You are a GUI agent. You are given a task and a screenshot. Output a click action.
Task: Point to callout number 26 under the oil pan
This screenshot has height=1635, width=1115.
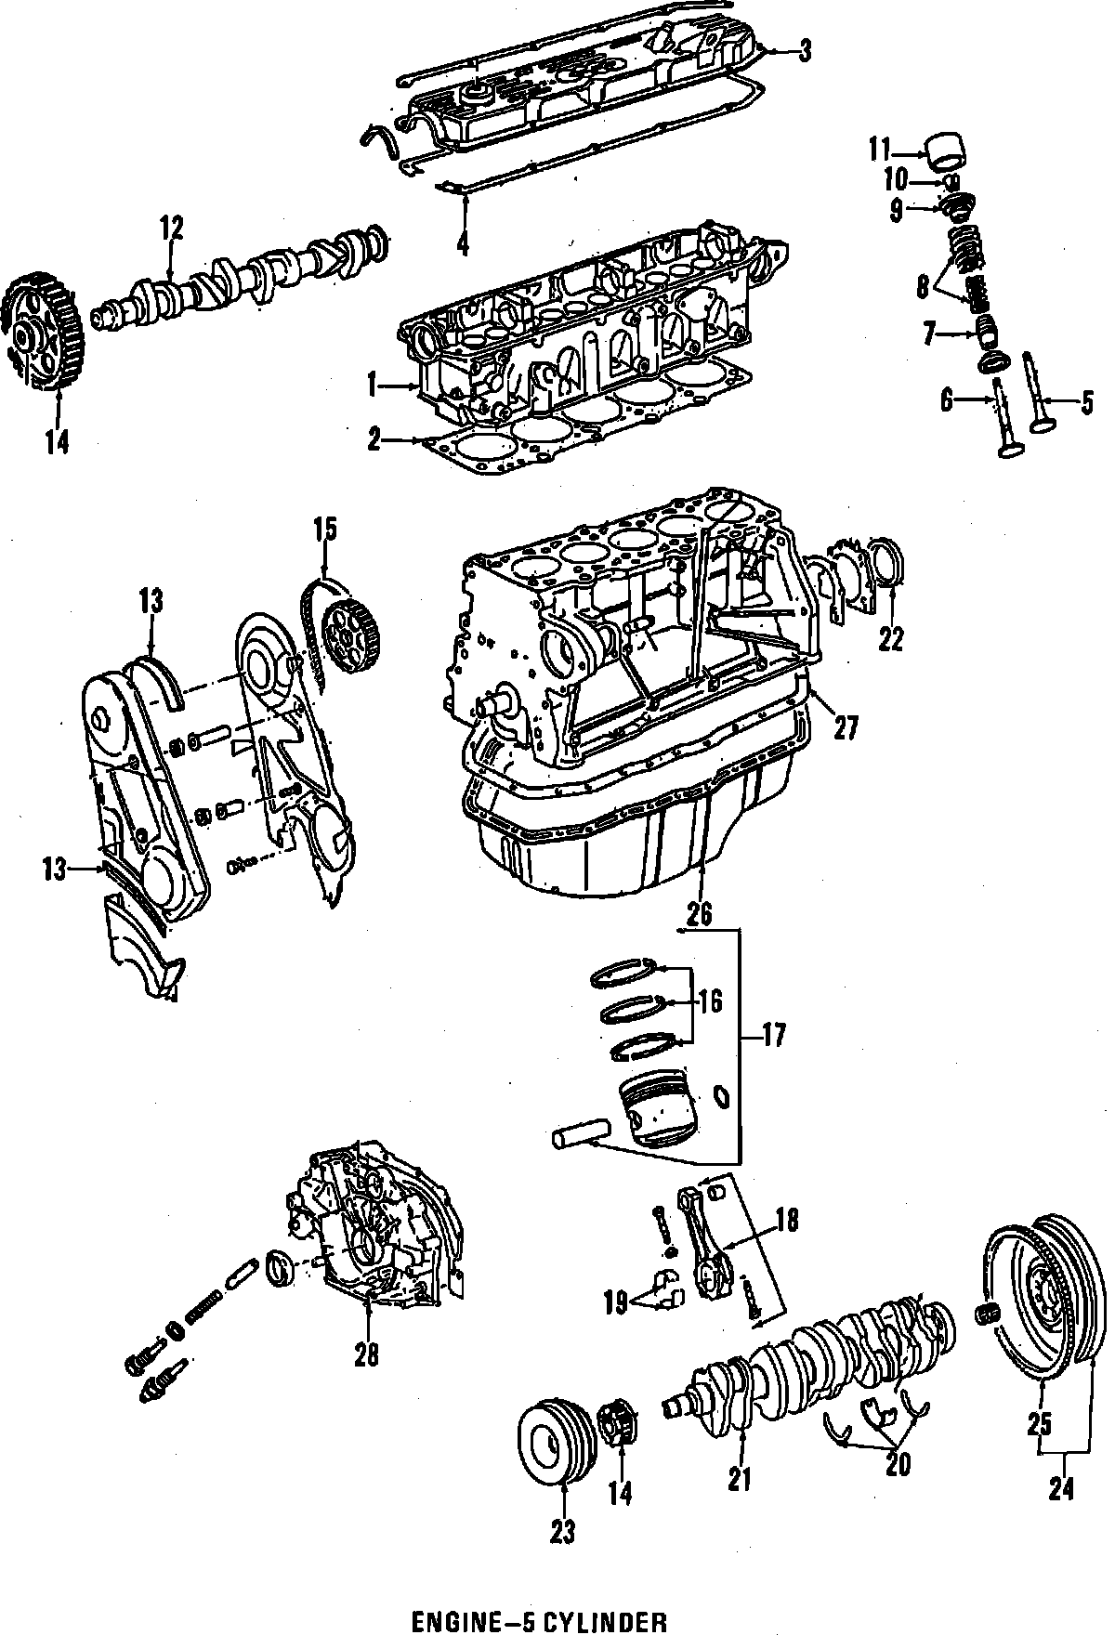[x=700, y=913]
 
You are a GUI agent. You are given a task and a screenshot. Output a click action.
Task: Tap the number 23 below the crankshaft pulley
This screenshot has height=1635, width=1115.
[x=563, y=1531]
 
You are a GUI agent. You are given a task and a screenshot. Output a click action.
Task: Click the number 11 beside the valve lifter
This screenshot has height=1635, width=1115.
[x=879, y=149]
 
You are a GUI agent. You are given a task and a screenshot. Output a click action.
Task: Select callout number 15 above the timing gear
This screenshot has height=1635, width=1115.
[x=324, y=530]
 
